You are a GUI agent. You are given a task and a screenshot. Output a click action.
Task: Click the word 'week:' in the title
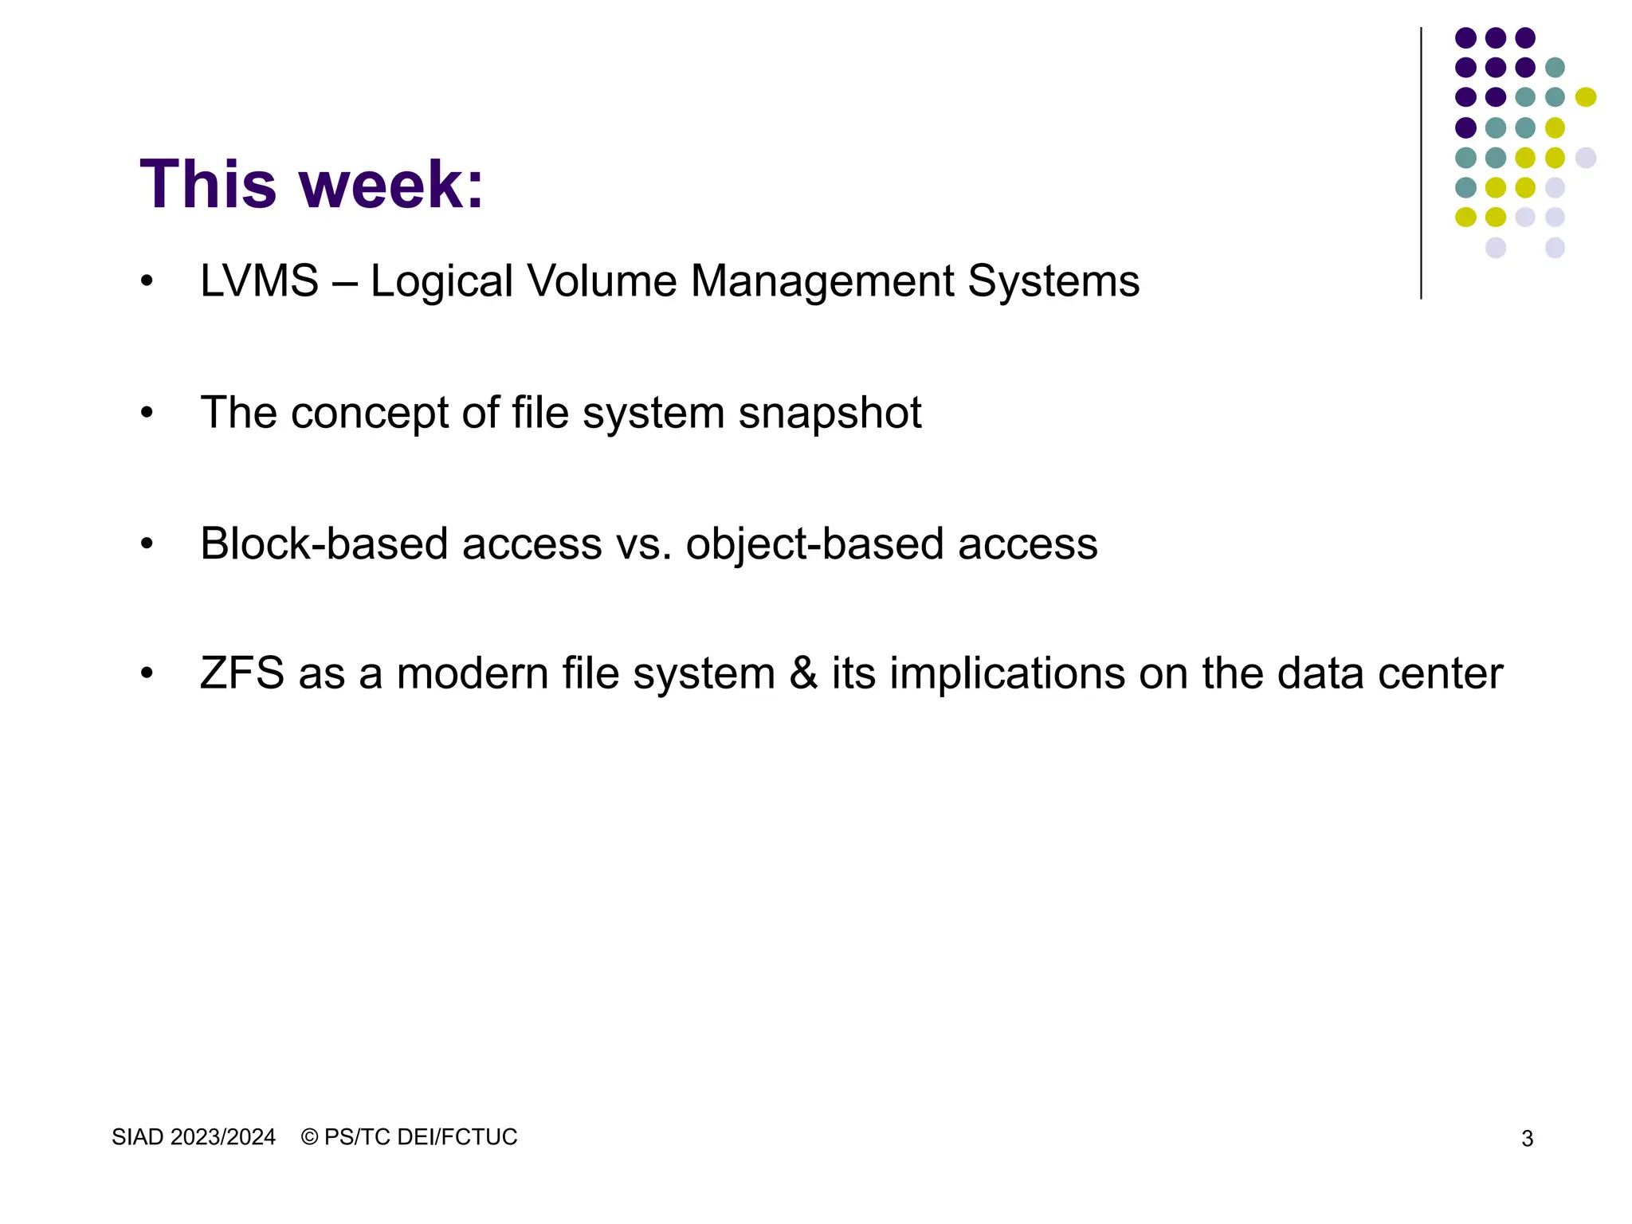(391, 185)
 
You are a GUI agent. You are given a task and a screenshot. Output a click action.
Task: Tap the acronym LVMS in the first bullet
(259, 281)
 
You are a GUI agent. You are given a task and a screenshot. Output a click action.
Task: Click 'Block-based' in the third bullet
(324, 544)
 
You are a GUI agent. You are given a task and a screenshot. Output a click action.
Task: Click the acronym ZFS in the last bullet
(242, 673)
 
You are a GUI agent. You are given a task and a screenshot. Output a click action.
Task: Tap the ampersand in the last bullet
(803, 673)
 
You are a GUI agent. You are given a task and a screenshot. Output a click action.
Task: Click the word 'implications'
(1006, 675)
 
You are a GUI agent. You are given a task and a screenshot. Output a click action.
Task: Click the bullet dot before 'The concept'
(147, 413)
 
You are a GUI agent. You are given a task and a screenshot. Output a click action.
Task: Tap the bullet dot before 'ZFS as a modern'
(147, 673)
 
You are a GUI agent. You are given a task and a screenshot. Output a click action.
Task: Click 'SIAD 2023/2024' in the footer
(194, 1137)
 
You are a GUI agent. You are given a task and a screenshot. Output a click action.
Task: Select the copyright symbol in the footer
(309, 1137)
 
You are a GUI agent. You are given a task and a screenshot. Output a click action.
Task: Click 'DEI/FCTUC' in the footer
(457, 1137)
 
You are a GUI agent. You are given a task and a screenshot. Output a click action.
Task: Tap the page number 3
(1527, 1140)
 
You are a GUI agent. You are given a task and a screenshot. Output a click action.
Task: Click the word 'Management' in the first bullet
(822, 281)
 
